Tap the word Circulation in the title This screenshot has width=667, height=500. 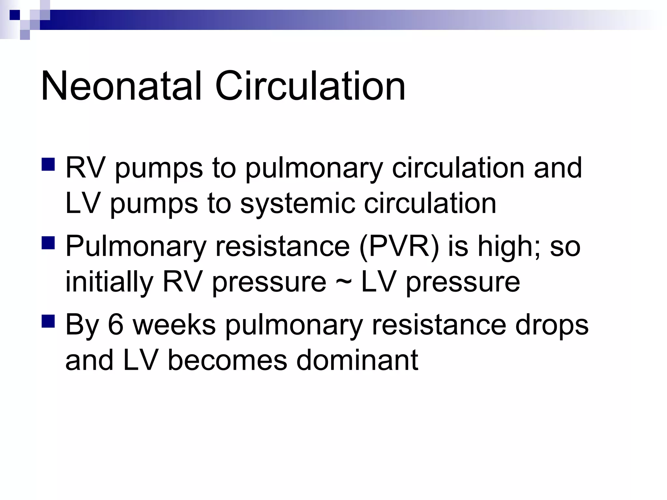(310, 86)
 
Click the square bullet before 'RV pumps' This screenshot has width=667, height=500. (48, 164)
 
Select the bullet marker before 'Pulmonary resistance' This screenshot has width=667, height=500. (48, 243)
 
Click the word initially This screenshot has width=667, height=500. (109, 282)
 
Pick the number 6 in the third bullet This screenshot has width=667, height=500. (116, 325)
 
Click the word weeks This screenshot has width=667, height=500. (174, 325)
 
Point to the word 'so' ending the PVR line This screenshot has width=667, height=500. (565, 246)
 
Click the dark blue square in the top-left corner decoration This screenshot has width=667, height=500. (15, 15)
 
